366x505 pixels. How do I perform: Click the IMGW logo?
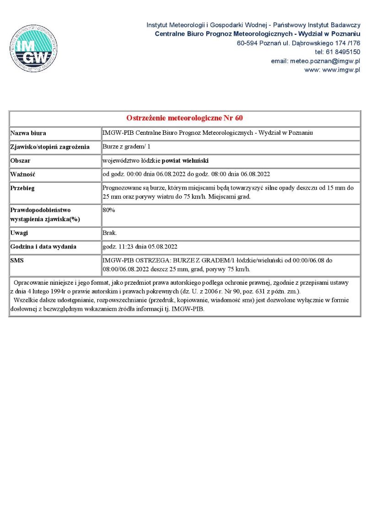click(33, 48)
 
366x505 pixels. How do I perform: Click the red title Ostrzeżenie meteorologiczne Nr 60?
click(184, 118)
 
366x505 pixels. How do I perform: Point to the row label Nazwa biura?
click(28, 133)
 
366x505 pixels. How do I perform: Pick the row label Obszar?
click(21, 161)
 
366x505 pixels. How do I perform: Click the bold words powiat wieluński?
click(185, 161)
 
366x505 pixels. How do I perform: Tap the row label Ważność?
click(23, 175)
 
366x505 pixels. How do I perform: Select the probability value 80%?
click(109, 210)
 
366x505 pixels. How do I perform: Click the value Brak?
click(110, 233)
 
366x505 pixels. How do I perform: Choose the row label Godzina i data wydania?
click(43, 247)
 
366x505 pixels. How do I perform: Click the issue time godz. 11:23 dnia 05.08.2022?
click(140, 247)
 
